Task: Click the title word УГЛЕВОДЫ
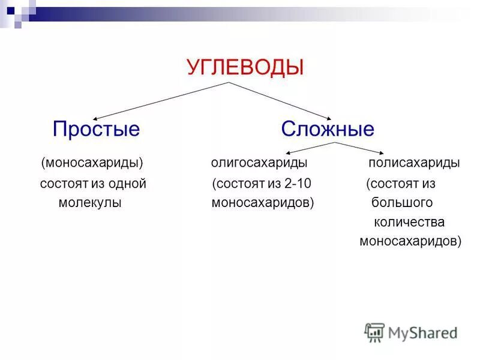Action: pos(245,67)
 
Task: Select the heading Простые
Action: pos(96,129)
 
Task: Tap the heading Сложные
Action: pos(328,129)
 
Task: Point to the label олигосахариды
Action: pos(259,163)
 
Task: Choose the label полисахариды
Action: pos(414,163)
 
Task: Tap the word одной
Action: pos(127,184)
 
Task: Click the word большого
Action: pos(402,203)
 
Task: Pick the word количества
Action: pos(409,222)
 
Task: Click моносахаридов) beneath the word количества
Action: pos(410,242)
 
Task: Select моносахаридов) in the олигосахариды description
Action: pos(263,203)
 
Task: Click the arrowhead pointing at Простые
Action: pos(94,118)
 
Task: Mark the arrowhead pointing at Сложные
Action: pos(329,118)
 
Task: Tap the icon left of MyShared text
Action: pos(374,332)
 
